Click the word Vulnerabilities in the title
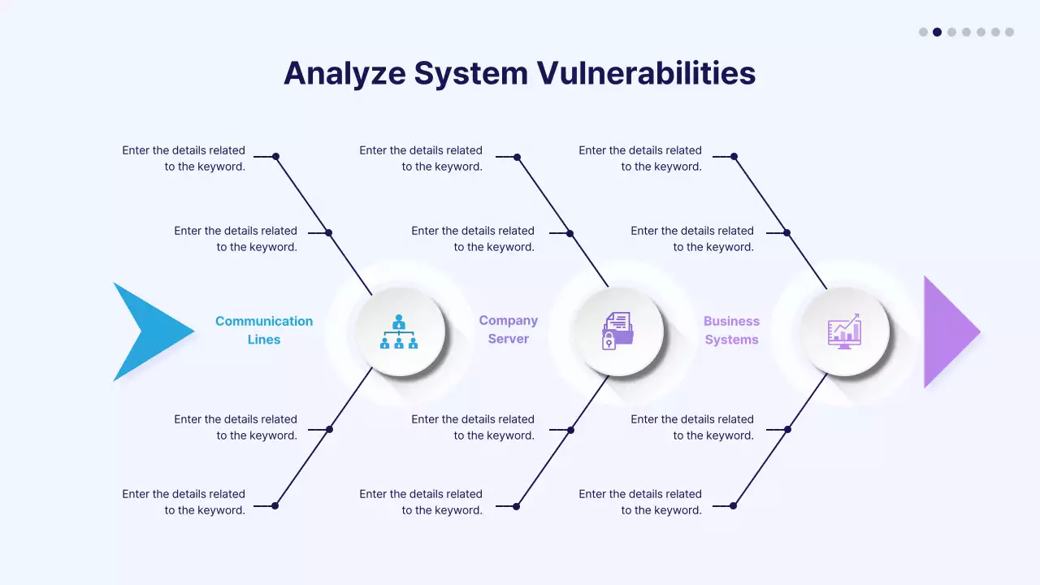pos(646,73)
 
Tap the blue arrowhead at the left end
pos(146,331)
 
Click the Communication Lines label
pos(264,330)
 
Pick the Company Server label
pos(509,330)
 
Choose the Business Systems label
pos(731,331)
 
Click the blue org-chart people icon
pos(399,331)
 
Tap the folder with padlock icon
pos(618,331)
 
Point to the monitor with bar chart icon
pos(844,331)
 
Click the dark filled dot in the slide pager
pos(937,32)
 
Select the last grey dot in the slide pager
pos(1009,32)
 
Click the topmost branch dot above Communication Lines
pos(275,157)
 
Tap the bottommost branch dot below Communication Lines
pos(275,505)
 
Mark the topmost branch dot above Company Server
pos(517,157)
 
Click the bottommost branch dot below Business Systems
pos(733,505)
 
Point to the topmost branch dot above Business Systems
pos(734,157)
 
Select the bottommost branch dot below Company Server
pos(516,505)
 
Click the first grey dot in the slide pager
pos(923,32)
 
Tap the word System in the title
pos(471,73)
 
